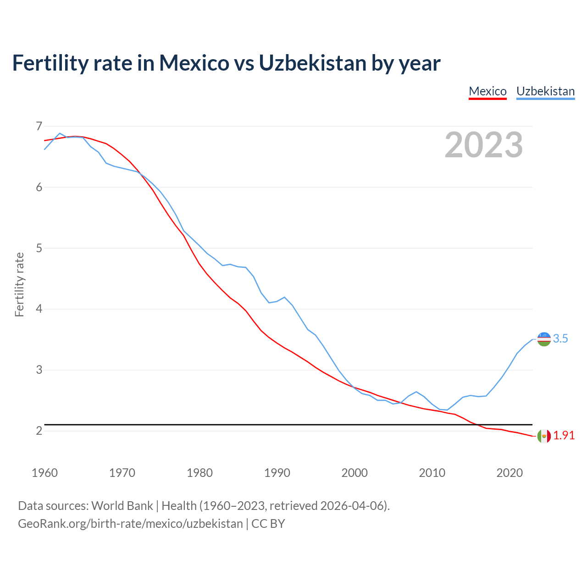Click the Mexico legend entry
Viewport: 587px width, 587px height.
coord(487,91)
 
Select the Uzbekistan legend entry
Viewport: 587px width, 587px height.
coord(545,91)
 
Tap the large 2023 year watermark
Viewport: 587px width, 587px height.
coord(483,145)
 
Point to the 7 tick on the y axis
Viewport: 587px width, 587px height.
coord(39,126)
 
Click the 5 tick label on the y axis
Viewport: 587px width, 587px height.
coord(39,248)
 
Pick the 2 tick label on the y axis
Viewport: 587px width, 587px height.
coord(39,431)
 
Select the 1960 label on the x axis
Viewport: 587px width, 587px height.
coord(44,473)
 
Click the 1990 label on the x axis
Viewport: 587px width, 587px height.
coord(277,473)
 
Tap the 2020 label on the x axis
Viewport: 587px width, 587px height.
coord(509,473)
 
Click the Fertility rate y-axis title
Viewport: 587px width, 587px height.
coord(19,284)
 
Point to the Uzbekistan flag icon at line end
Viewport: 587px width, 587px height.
coord(544,339)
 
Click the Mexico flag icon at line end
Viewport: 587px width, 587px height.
coord(544,436)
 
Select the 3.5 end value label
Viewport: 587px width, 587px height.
coord(560,339)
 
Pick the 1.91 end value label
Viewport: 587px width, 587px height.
coord(564,436)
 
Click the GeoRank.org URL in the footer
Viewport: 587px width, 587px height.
coord(130,524)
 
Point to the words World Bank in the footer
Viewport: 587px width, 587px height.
coord(122,506)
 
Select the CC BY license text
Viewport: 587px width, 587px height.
coord(268,524)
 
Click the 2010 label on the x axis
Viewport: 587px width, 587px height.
coord(432,473)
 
